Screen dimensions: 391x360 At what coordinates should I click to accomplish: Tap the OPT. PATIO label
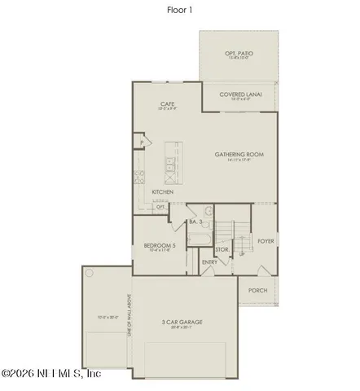tap(239, 54)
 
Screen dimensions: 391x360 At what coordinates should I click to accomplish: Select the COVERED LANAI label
tap(239, 94)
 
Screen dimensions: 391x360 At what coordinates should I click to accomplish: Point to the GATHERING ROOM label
tap(239, 154)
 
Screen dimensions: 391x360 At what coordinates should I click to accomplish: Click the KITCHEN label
tap(163, 192)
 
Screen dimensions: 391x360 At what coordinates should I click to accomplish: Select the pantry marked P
tap(141, 143)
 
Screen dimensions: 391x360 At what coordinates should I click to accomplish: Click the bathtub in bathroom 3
tap(200, 239)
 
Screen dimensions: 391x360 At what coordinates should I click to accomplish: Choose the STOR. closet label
tap(222, 249)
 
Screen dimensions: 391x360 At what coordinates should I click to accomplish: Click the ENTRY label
tap(209, 262)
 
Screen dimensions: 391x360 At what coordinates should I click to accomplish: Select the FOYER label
tap(265, 241)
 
